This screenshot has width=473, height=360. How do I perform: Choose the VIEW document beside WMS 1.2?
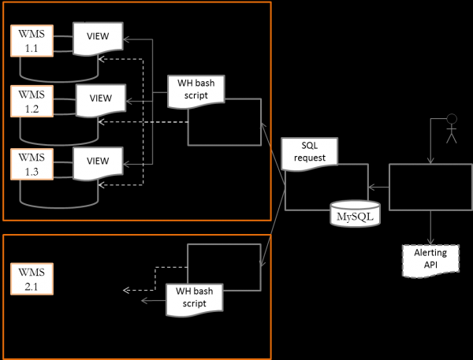pos(100,99)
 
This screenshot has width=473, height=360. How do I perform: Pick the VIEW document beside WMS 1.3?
pos(98,161)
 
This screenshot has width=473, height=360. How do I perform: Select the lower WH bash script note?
pos(194,299)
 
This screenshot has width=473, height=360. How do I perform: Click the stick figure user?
pos(451,129)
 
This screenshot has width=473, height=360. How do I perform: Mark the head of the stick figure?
pos(452,120)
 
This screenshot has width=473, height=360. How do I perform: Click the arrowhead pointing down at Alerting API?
pos(430,242)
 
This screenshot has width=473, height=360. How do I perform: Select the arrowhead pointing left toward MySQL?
pos(373,187)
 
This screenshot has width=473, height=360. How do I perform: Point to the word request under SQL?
pos(309,158)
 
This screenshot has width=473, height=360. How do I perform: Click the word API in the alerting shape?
pos(430,265)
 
